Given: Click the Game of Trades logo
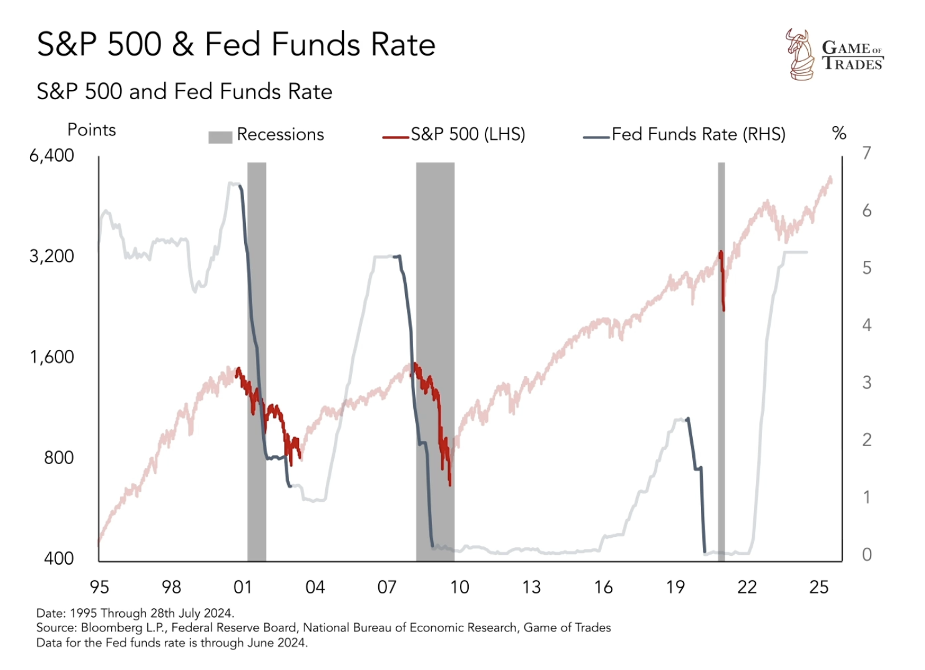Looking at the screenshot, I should pyautogui.click(x=833, y=55).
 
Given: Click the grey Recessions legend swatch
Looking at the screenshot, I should pyautogui.click(x=220, y=137).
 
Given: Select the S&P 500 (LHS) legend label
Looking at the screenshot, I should pyautogui.click(x=467, y=134).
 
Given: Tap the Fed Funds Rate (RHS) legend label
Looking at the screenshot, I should pyautogui.click(x=698, y=134).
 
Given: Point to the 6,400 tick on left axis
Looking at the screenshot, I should pyautogui.click(x=52, y=155).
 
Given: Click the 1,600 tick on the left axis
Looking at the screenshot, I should pyautogui.click(x=52, y=357).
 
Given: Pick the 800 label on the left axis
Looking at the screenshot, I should pyautogui.click(x=59, y=458).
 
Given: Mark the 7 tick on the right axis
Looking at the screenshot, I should pyautogui.click(x=866, y=153).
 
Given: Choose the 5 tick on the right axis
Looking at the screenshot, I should pyautogui.click(x=866, y=268).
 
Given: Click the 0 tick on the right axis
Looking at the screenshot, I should pyautogui.click(x=866, y=555).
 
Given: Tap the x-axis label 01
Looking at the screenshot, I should pyautogui.click(x=243, y=587).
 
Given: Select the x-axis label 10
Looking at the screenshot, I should pyautogui.click(x=459, y=587).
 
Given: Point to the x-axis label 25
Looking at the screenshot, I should pyautogui.click(x=819, y=587).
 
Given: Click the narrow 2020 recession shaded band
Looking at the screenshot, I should pyautogui.click(x=721, y=374).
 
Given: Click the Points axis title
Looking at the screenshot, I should pyautogui.click(x=92, y=130).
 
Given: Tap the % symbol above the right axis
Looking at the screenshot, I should pyautogui.click(x=839, y=133).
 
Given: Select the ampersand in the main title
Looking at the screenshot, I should pyautogui.click(x=183, y=45).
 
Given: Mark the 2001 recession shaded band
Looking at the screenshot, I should pyautogui.click(x=257, y=312).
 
